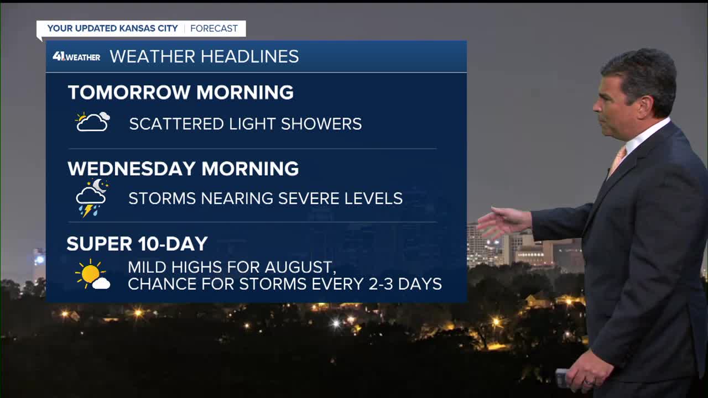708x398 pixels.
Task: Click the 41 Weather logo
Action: (x=76, y=57)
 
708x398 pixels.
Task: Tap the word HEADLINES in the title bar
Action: (x=249, y=56)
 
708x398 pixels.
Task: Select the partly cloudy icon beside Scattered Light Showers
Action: (x=92, y=122)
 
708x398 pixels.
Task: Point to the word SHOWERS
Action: (x=321, y=124)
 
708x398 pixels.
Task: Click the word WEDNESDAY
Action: (x=131, y=169)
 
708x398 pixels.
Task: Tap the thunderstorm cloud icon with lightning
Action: (x=92, y=198)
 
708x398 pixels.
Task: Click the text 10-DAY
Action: (x=173, y=244)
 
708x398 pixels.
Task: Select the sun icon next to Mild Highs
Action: (x=92, y=274)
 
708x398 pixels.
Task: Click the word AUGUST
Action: (x=300, y=267)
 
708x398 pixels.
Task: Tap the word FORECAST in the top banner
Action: (x=214, y=28)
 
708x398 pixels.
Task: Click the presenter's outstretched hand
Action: (x=503, y=222)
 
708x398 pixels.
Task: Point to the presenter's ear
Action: (x=645, y=107)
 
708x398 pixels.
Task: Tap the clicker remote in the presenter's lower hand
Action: (x=563, y=377)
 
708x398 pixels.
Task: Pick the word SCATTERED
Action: (x=176, y=124)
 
